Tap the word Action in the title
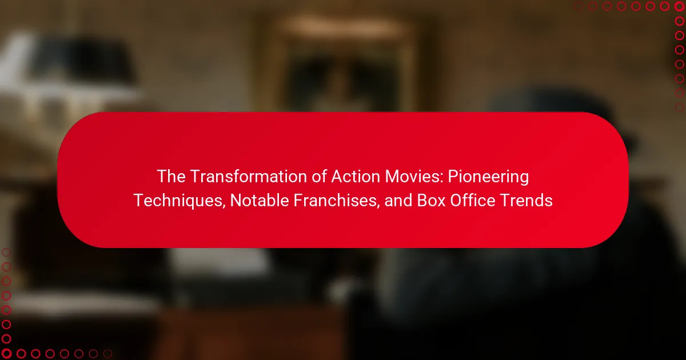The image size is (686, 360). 356,177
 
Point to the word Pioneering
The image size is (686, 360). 488,178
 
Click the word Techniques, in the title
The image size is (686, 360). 180,201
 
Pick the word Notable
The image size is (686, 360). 260,201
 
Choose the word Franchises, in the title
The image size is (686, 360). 337,201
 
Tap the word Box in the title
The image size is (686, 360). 431,201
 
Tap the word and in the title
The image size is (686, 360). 398,201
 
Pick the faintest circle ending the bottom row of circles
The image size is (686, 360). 107,354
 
